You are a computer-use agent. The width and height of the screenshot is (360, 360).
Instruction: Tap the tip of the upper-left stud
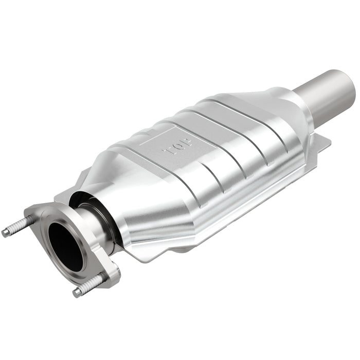pos(5,233)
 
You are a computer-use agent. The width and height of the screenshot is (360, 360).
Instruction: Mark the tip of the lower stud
pos(77,293)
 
